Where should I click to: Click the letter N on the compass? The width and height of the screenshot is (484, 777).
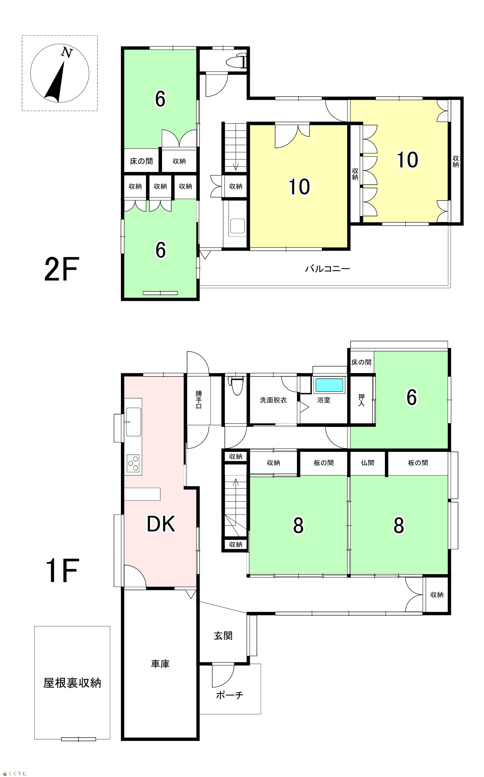tap(67, 52)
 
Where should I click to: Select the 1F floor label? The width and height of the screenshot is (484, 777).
tap(62, 570)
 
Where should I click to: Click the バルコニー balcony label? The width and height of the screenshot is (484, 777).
tap(328, 269)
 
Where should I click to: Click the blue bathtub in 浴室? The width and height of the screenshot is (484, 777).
tap(329, 385)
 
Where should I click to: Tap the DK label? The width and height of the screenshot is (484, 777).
tap(161, 524)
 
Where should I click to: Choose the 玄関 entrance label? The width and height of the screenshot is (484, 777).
tap(223, 636)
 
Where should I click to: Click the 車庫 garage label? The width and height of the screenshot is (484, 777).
tap(160, 664)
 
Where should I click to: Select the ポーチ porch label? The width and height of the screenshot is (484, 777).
tap(230, 695)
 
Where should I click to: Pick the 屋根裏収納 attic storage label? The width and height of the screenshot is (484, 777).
tap(72, 683)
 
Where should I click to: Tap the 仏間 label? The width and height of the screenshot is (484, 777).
tap(367, 463)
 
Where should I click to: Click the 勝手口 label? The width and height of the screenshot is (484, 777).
tap(199, 400)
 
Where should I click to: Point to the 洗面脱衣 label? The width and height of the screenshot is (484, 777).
tap(273, 400)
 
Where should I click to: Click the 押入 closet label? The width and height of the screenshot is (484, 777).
tap(361, 400)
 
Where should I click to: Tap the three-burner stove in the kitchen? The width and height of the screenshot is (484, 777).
tap(133, 463)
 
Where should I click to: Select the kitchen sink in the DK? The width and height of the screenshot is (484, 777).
tap(133, 422)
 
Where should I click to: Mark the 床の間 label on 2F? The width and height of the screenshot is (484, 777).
tap(141, 161)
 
